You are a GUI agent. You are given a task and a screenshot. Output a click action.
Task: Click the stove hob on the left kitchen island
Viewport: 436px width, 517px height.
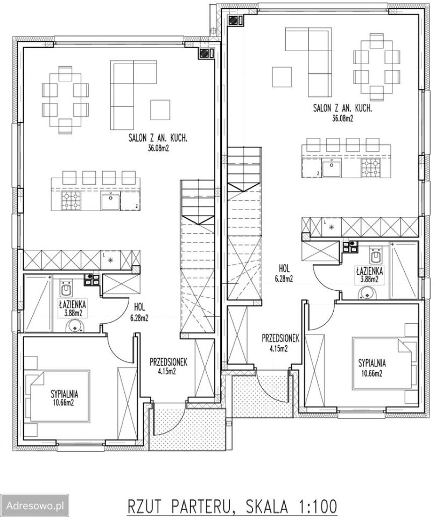click(71, 201)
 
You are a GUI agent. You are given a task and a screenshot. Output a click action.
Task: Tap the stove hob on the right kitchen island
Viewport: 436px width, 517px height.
click(371, 167)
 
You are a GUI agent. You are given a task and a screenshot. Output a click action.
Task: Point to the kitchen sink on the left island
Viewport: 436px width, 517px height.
click(110, 201)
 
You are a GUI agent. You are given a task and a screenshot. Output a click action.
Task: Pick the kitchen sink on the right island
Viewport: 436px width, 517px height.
click(332, 167)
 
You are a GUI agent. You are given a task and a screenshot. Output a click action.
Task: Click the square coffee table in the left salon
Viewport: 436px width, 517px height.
click(160, 110)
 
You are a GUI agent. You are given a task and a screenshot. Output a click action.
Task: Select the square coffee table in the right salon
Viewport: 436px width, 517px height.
click(282, 77)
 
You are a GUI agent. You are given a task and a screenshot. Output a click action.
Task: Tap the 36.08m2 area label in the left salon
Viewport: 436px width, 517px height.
click(158, 149)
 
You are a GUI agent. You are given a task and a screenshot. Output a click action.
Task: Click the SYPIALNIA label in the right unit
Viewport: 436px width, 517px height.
click(372, 363)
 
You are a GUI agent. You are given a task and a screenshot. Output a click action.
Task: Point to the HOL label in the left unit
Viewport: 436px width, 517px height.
click(139, 306)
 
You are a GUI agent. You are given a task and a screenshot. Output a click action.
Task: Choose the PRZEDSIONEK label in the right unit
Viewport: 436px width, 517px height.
click(280, 338)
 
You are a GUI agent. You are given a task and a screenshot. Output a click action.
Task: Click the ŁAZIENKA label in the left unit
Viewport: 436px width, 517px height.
click(73, 303)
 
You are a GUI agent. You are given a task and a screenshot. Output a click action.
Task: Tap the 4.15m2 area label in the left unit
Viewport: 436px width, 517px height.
click(167, 371)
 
